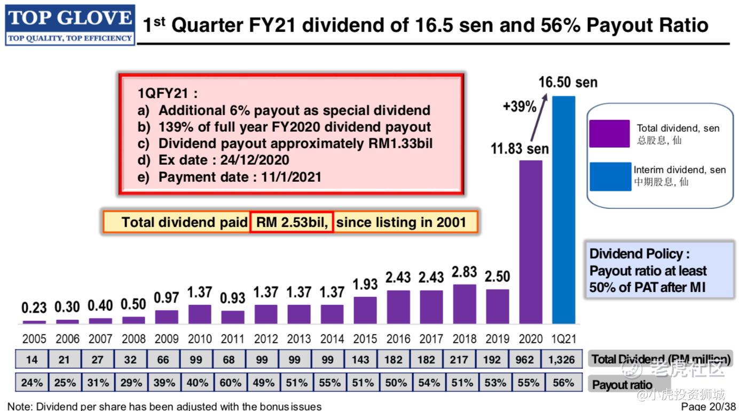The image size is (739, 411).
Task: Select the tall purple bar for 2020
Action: (531, 242)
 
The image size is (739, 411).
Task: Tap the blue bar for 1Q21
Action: (563, 210)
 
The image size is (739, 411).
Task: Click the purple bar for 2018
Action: (465, 304)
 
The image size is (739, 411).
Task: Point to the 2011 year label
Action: (233, 339)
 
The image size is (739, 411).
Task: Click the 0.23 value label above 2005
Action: (34, 308)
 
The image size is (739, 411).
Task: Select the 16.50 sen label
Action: (568, 83)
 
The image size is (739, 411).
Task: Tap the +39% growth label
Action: (520, 107)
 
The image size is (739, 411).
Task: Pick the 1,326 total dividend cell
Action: (562, 360)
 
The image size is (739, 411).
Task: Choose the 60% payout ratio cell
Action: (229, 383)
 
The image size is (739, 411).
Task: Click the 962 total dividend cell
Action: (524, 360)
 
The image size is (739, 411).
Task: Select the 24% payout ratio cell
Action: (32, 383)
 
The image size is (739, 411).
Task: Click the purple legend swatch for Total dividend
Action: (609, 133)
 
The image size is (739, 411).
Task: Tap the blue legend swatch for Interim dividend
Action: (610, 176)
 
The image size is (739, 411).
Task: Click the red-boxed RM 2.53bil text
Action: (292, 222)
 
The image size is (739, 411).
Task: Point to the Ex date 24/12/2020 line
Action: (213, 160)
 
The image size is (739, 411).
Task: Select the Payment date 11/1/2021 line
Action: (229, 177)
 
